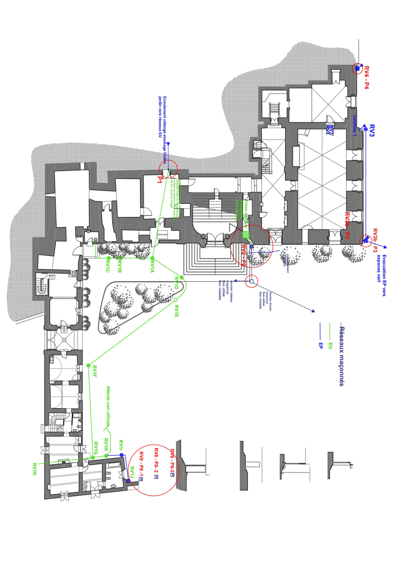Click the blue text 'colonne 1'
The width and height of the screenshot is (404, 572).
tap(355, 125)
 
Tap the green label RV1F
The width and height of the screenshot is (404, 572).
tap(94, 372)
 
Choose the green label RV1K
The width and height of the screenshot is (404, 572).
tap(34, 469)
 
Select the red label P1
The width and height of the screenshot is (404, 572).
tap(160, 179)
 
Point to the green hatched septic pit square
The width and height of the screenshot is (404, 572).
tap(246, 235)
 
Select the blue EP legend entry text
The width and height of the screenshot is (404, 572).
tap(321, 346)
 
